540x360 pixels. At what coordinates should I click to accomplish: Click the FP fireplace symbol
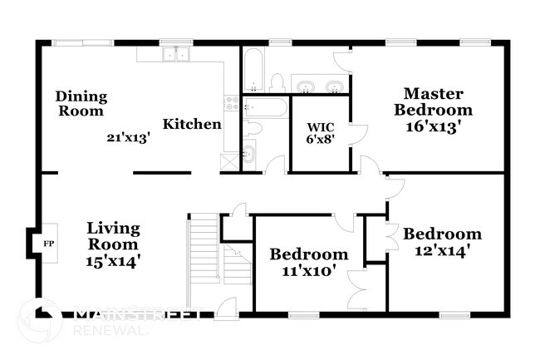pos(47,244)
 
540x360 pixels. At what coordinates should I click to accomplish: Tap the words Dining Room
pos(81,103)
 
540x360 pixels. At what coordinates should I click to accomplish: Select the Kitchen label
pos(191,125)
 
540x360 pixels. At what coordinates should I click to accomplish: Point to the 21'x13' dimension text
pos(127,138)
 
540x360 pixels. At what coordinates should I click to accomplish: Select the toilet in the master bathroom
pos(277,81)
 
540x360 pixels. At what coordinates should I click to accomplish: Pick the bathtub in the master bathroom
pos(253,69)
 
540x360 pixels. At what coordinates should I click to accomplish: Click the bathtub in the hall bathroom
pos(264,107)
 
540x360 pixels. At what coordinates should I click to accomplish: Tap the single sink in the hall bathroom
pos(250,154)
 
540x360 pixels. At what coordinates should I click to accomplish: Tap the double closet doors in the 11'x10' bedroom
pos(358,290)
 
